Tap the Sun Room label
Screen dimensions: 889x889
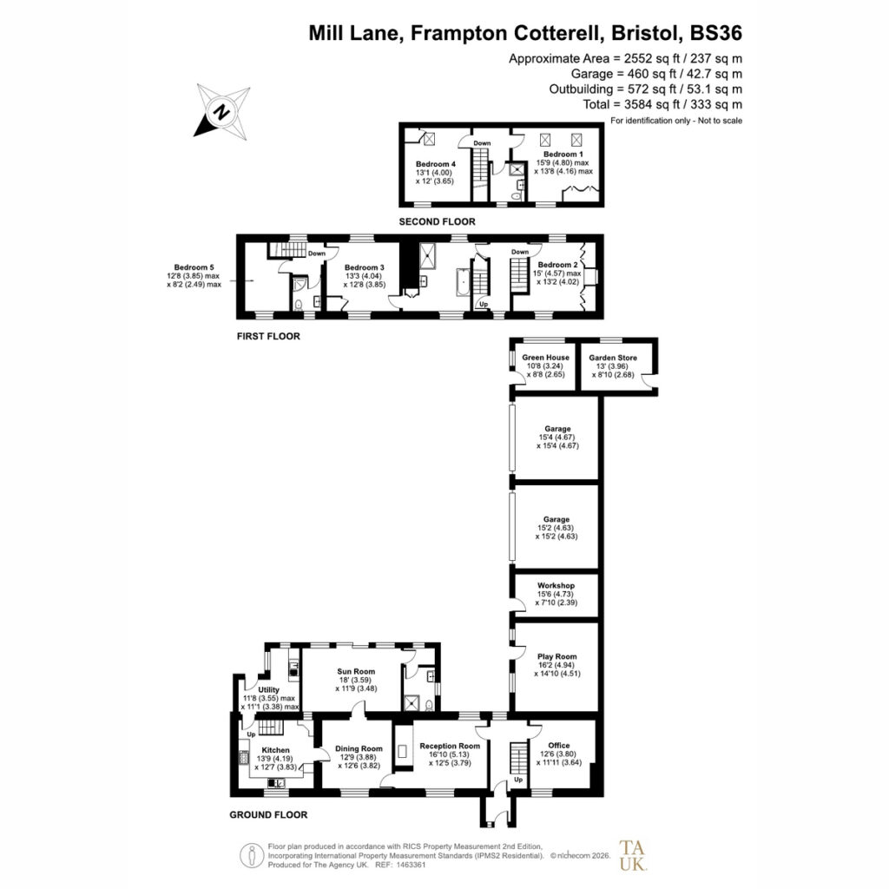356,671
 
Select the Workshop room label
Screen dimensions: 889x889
556,585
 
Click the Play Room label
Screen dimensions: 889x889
556,656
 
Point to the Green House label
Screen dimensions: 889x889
545,357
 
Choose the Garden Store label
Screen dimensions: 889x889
613,358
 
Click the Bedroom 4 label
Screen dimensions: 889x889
436,164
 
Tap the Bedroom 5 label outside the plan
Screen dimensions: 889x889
194,267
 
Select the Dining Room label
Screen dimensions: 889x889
359,748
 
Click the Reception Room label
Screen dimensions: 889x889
450,746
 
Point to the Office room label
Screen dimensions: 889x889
559,745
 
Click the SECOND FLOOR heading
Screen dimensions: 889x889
438,221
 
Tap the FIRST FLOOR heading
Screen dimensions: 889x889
268,336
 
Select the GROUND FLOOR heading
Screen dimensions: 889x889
268,814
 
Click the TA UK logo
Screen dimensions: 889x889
633,855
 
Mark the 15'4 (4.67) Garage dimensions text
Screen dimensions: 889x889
557,442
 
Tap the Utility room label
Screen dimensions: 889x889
269,690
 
